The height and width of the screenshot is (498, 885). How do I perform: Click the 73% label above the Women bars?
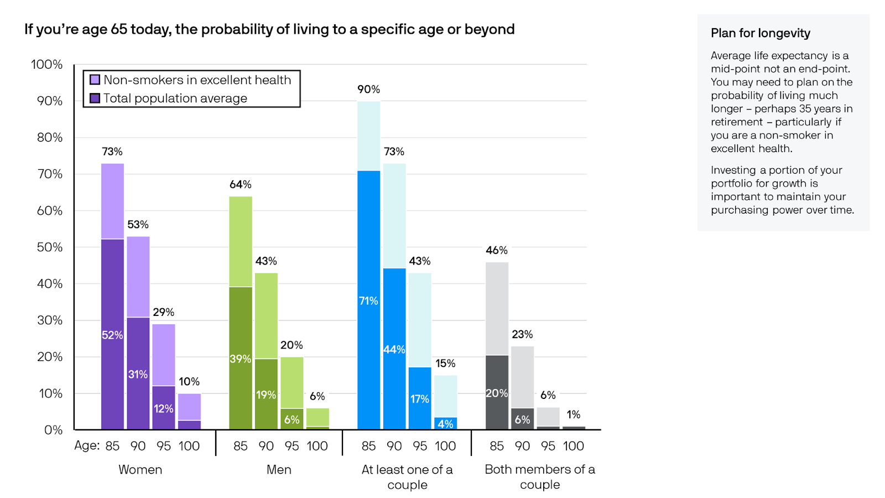click(112, 152)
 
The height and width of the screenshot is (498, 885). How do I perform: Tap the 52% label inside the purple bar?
click(112, 335)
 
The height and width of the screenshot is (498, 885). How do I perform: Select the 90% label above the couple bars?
click(368, 90)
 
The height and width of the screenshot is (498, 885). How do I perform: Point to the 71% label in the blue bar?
click(368, 301)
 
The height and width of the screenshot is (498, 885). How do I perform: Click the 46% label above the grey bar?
click(497, 251)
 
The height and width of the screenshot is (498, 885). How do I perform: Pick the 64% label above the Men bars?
click(241, 185)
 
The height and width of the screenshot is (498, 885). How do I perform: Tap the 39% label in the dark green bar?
click(241, 359)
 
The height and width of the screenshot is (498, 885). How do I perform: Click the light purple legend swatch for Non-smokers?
click(95, 80)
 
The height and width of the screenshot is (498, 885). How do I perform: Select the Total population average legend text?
click(175, 98)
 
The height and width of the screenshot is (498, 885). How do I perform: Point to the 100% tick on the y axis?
click(47, 65)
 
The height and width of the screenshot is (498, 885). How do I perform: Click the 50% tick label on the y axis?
click(50, 247)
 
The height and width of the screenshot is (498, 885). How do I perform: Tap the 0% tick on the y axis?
click(54, 430)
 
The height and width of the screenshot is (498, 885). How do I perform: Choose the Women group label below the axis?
click(140, 470)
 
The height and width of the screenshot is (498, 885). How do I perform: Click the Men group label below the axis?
click(279, 470)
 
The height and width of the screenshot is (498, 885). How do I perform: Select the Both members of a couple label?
click(540, 477)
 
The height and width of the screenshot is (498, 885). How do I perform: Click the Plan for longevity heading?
click(761, 33)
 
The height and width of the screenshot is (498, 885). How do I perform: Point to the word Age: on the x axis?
click(87, 446)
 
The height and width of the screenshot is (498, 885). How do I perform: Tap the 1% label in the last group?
click(574, 415)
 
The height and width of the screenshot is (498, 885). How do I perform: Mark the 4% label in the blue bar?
click(445, 424)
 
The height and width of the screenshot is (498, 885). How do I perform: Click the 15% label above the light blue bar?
click(445, 364)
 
